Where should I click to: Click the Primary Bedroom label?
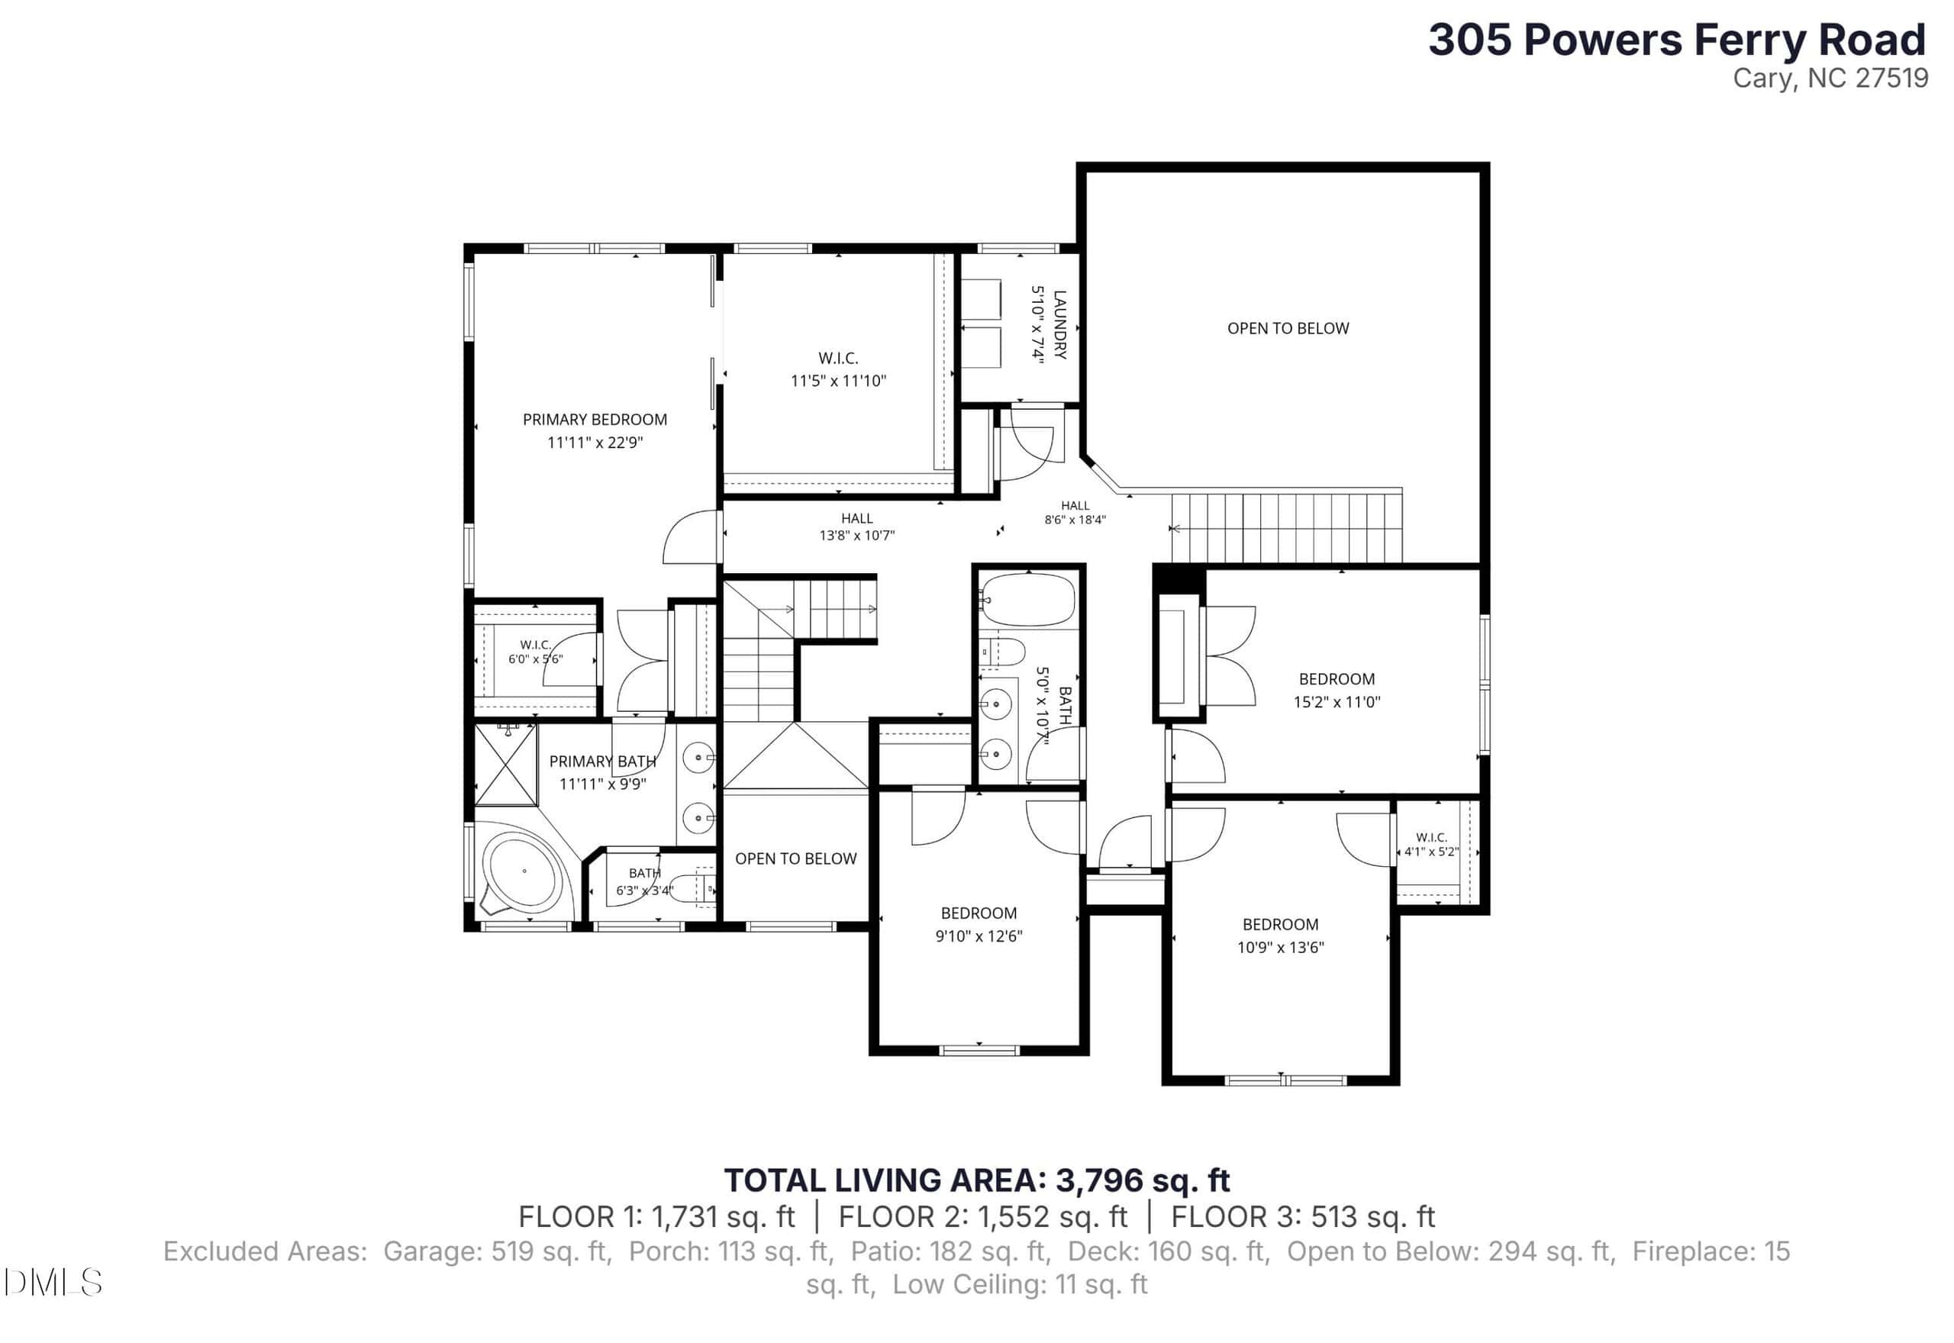pyautogui.click(x=595, y=419)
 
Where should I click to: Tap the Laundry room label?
pyautogui.click(x=1059, y=325)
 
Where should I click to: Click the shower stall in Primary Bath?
pyautogui.click(x=507, y=765)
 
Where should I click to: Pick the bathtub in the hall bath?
pyautogui.click(x=1027, y=600)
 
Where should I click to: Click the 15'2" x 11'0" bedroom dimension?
pyautogui.click(x=1337, y=702)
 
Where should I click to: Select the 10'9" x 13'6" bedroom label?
pyautogui.click(x=1280, y=924)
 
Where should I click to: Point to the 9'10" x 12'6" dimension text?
pyautogui.click(x=979, y=936)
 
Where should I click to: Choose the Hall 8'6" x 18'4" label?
pyautogui.click(x=1075, y=513)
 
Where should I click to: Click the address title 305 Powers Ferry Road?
pyautogui.click(x=1677, y=40)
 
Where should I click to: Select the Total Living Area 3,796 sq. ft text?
pyautogui.click(x=977, y=1180)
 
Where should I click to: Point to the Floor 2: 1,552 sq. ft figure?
pyautogui.click(x=983, y=1217)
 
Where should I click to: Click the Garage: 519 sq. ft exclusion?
pyautogui.click(x=495, y=1251)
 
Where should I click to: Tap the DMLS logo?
pyautogui.click(x=52, y=1283)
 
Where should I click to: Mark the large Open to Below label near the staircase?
pyautogui.click(x=1288, y=328)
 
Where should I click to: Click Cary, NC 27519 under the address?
pyautogui.click(x=1830, y=79)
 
